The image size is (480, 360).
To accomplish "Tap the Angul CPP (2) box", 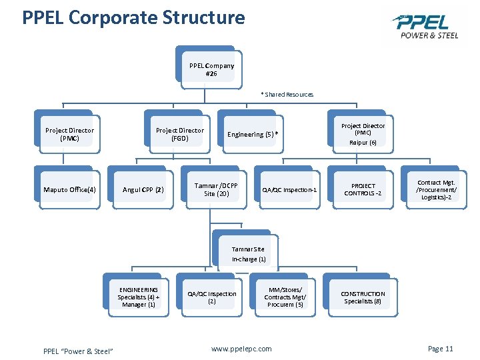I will coord(143,190).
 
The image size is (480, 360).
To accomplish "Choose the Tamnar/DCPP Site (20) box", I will coord(215,189).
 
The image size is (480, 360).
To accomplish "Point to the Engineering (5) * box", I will coord(252,135).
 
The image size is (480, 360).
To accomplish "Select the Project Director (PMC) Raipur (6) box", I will coord(363,134).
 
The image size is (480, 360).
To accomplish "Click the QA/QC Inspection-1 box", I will coord(289,190).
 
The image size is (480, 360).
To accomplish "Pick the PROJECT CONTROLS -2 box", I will coord(363,190).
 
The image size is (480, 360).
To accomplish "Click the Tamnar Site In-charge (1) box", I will coord(248,254).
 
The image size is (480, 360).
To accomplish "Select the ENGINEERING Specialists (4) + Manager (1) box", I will coord(138,297).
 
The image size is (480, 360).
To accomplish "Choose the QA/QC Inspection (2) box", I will coord(211,297).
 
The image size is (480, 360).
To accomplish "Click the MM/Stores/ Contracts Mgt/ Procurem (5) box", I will coord(285,297).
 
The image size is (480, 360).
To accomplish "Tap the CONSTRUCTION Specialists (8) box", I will coord(363,297).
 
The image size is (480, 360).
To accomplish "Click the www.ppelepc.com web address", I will coord(241,349).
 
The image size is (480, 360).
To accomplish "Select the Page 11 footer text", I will coord(440,349).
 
